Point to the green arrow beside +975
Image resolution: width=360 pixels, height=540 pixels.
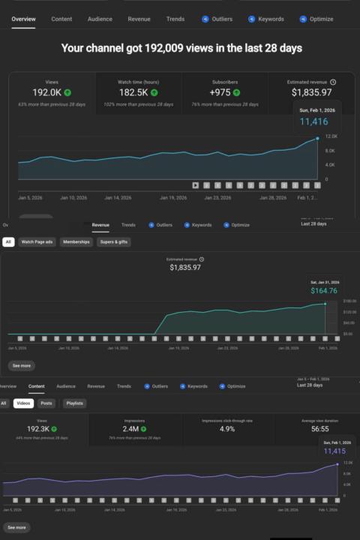[x=237, y=92]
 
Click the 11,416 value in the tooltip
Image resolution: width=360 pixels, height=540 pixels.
[x=314, y=121]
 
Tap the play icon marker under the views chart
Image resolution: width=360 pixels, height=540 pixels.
[x=195, y=184]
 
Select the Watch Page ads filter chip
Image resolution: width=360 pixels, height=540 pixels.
[x=37, y=242]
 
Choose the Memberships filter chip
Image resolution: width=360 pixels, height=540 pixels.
[x=76, y=242]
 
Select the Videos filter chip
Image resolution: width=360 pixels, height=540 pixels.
[x=23, y=403]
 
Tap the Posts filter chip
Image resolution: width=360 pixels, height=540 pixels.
[x=46, y=403]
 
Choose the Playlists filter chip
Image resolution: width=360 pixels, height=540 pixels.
[x=74, y=403]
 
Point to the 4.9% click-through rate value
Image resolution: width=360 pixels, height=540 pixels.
[x=226, y=430]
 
